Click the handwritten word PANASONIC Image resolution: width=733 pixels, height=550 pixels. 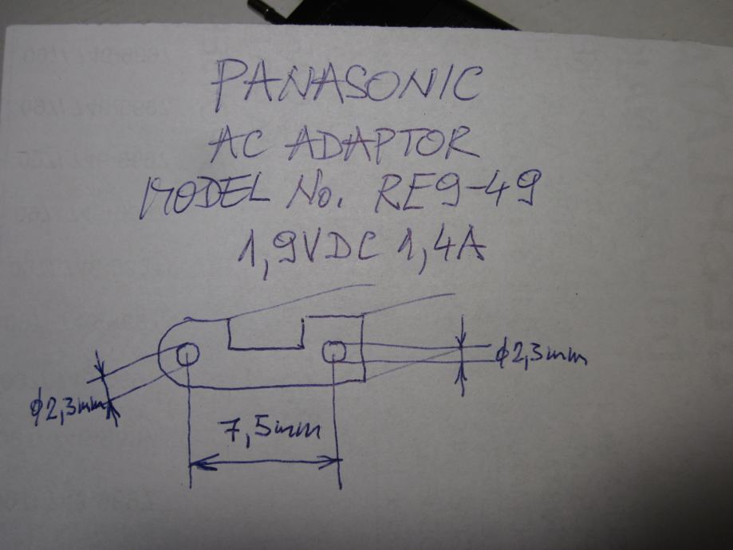point(347,87)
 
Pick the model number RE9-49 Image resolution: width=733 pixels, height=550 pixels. point(457,191)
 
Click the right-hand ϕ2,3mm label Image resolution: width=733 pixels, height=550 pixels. point(540,355)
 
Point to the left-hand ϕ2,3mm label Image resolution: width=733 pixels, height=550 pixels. point(68,409)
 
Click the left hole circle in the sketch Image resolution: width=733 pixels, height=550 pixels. point(187,354)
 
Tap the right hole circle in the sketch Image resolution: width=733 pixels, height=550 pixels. point(333,352)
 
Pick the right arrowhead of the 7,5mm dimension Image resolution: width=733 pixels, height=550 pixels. point(333,460)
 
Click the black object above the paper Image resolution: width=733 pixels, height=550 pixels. point(375,12)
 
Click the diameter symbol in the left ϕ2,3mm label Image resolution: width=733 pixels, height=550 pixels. point(35,408)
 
